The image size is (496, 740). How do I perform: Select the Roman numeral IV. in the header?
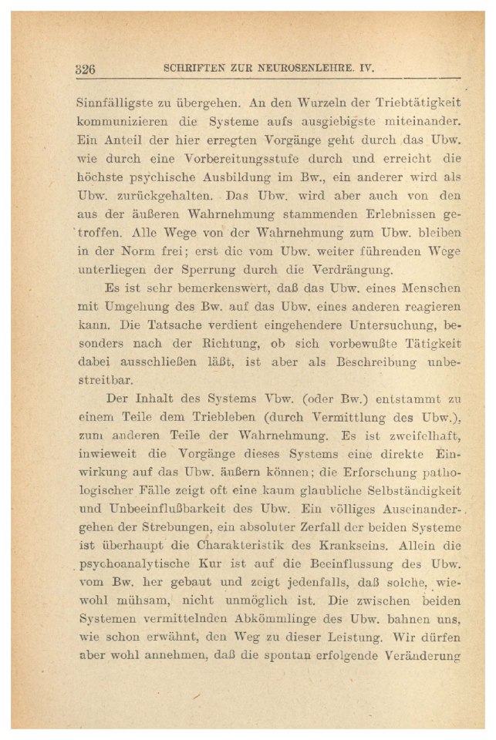(364, 68)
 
